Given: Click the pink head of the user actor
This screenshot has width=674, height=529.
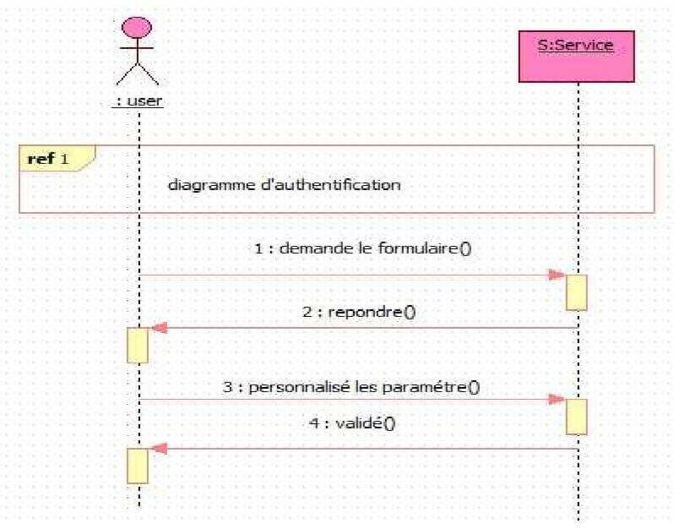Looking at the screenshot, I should click(x=138, y=27).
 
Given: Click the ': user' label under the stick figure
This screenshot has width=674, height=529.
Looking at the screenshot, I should click(x=138, y=100).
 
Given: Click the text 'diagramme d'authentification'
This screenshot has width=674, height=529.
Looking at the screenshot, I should click(x=284, y=184).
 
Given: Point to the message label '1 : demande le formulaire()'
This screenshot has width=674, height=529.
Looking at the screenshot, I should click(x=367, y=248).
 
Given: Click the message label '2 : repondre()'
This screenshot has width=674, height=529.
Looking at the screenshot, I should click(x=359, y=311).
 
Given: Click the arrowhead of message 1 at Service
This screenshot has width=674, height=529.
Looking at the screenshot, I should click(x=557, y=275).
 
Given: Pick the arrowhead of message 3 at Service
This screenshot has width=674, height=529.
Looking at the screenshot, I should click(x=557, y=399).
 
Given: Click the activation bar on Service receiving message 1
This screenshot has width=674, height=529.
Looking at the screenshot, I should click(x=576, y=292).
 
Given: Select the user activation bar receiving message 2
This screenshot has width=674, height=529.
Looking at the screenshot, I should click(x=138, y=345).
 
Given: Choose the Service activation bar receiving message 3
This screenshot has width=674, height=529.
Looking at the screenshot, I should click(x=576, y=416).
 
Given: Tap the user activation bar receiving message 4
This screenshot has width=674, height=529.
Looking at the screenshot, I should click(x=138, y=466).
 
